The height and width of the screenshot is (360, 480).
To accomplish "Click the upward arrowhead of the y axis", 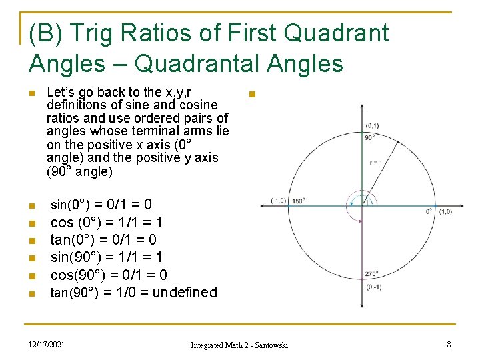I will tap(361, 107).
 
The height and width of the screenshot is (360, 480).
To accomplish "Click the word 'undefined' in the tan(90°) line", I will tap(185, 292).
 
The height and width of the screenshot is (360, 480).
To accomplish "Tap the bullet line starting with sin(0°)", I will tap(101, 205).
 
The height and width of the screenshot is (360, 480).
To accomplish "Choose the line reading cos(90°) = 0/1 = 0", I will tap(109, 275).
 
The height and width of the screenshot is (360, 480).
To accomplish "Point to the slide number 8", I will tap(449, 344).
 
